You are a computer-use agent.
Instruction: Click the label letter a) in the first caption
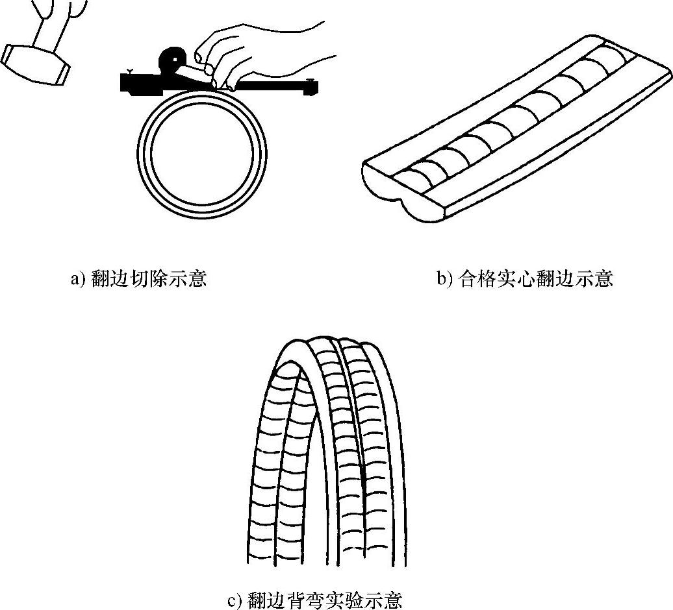(77, 280)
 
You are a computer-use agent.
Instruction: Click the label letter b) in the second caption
(444, 280)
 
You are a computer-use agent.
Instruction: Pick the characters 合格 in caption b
(475, 280)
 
